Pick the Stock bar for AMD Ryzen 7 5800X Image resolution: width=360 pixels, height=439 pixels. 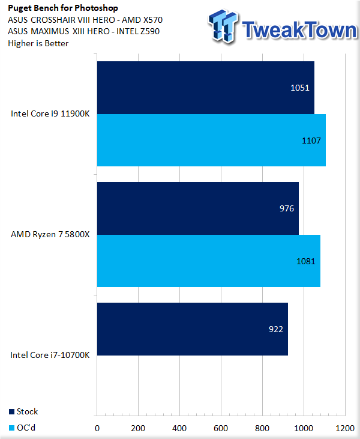pos(197,208)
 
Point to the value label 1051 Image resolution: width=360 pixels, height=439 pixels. pos(299,88)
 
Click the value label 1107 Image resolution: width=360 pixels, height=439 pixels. pos(311,141)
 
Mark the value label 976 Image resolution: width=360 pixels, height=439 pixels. pos(286,208)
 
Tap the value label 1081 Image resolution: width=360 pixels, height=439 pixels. pos(305,261)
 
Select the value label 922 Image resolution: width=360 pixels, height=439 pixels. pos(275,329)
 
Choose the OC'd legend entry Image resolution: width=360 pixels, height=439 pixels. pos(23,428)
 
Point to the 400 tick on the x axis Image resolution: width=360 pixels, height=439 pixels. pos(179,429)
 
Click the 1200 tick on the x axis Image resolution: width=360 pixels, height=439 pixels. pos(344,429)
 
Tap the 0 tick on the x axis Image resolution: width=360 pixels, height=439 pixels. pos(97,429)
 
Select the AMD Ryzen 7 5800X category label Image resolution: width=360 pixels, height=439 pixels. pos(50,235)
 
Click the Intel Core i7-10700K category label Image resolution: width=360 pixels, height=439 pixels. pos(50,355)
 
